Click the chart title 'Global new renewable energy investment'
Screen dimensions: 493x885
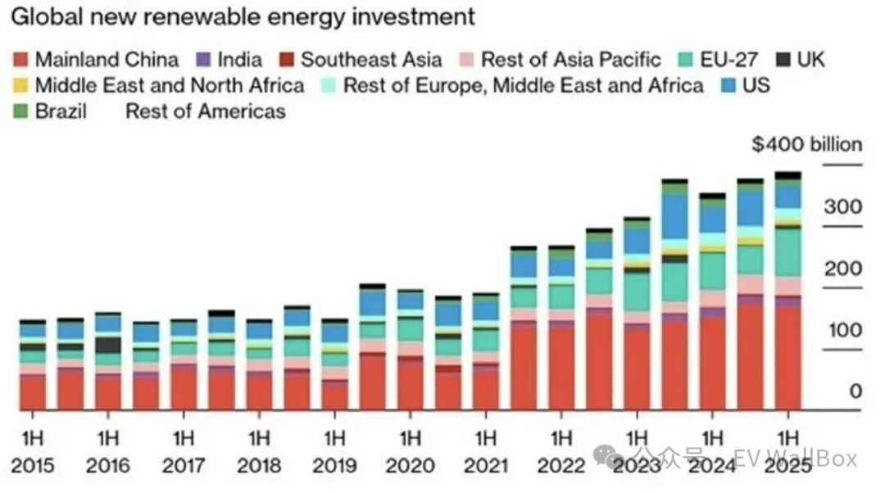(243, 16)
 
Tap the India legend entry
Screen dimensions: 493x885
(229, 60)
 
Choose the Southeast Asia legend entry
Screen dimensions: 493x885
(360, 60)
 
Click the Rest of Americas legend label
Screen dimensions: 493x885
(205, 111)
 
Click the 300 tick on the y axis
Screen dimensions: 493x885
(843, 207)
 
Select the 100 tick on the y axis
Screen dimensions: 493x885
(843, 331)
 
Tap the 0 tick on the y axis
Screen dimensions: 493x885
(855, 391)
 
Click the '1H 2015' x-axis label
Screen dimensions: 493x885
(34, 450)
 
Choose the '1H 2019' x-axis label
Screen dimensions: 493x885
(334, 450)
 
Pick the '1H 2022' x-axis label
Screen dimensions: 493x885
(560, 450)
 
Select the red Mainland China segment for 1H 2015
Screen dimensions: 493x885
(33, 391)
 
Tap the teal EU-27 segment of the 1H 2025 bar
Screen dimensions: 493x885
(787, 252)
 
